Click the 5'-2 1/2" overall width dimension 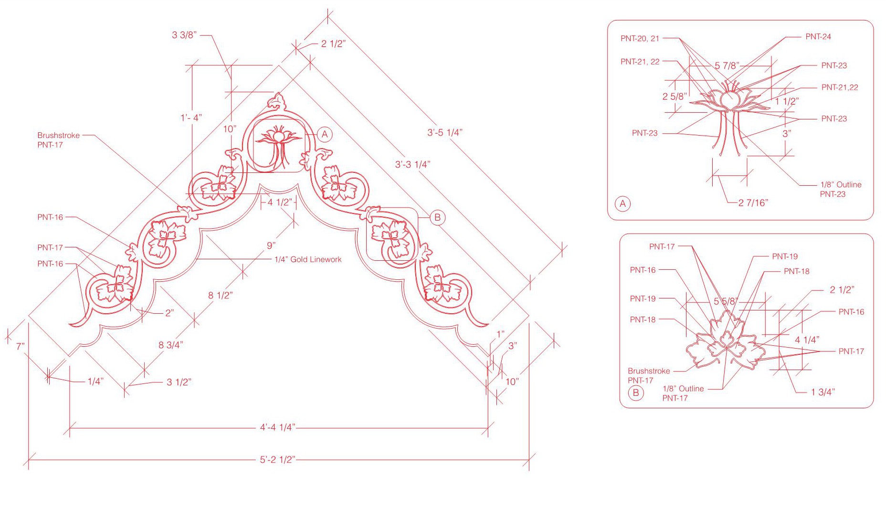pos(277,459)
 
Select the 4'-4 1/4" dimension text pos(277,427)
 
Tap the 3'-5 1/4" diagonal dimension pos(444,132)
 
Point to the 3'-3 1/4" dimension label pos(412,164)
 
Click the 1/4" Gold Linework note pos(308,259)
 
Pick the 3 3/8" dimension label pos(184,35)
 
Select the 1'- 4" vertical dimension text pos(191,117)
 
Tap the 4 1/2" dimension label pos(279,202)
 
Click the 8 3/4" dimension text pos(171,345)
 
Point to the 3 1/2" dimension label pos(179,382)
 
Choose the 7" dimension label pos(20,346)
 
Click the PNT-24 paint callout pos(818,36)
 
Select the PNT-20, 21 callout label pos(640,38)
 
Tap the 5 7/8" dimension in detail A pos(727,65)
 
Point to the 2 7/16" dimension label pos(753,202)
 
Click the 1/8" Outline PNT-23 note pos(841,189)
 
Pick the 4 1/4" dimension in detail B pos(807,340)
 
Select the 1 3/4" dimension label pos(823,392)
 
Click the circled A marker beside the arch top pos(325,134)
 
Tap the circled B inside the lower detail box pos(635,393)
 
